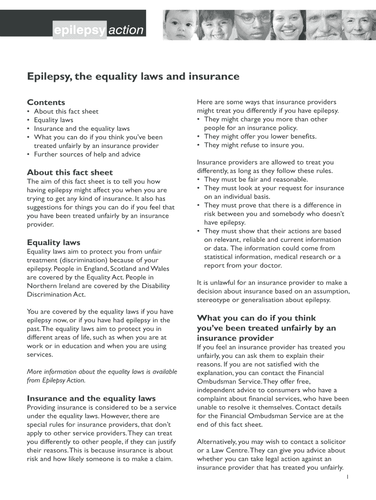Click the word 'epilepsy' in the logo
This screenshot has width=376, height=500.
point(79,31)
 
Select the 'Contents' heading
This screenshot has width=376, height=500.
point(46,103)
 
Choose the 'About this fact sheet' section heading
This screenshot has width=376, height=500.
point(70,172)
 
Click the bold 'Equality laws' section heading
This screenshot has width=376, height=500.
point(54,243)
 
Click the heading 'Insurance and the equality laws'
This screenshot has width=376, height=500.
point(91,398)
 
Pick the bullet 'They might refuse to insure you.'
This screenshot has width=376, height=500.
point(254,145)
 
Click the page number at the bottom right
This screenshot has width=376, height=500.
point(346,477)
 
